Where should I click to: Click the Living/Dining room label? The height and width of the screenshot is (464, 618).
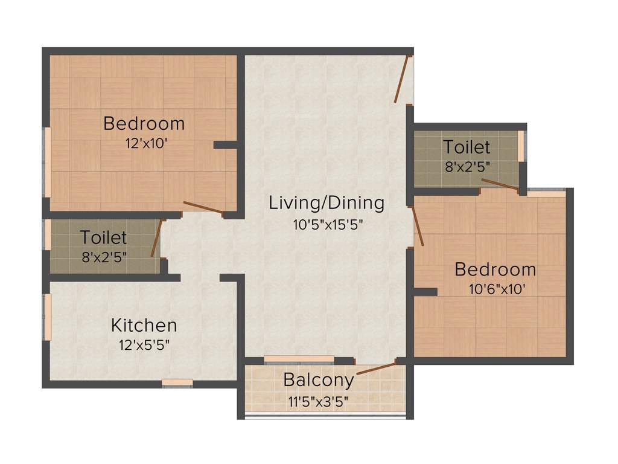coord(327,202)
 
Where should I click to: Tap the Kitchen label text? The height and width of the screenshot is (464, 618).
coord(144,325)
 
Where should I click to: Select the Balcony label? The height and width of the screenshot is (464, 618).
coord(318,380)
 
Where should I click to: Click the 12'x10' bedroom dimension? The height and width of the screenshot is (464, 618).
coord(144,144)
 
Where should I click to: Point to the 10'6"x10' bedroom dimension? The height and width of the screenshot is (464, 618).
coord(495,289)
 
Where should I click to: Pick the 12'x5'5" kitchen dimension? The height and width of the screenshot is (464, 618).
coord(144,346)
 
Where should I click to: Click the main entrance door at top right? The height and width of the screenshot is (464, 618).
coord(403,79)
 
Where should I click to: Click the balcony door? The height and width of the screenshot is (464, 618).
coord(375,368)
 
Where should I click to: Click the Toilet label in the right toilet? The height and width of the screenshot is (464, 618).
coord(466,147)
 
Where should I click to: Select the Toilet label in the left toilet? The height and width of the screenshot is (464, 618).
coord(103,236)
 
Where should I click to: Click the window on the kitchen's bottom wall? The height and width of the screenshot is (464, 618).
coord(177,382)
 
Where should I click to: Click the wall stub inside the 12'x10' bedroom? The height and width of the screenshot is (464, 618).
coord(226,145)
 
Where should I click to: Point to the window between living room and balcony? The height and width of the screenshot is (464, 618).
coord(299,359)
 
